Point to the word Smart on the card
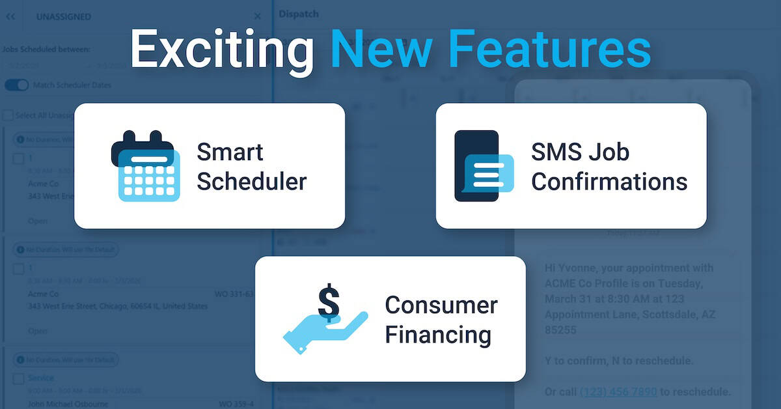[x=230, y=152]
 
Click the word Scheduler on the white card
[x=251, y=182]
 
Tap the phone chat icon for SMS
[x=482, y=166]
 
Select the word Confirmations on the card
[x=609, y=182]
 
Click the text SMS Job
[x=580, y=152]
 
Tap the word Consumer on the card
[x=441, y=305]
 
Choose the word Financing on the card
[x=437, y=335]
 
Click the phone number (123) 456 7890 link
[x=618, y=391]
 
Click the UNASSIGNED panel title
[x=64, y=16]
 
